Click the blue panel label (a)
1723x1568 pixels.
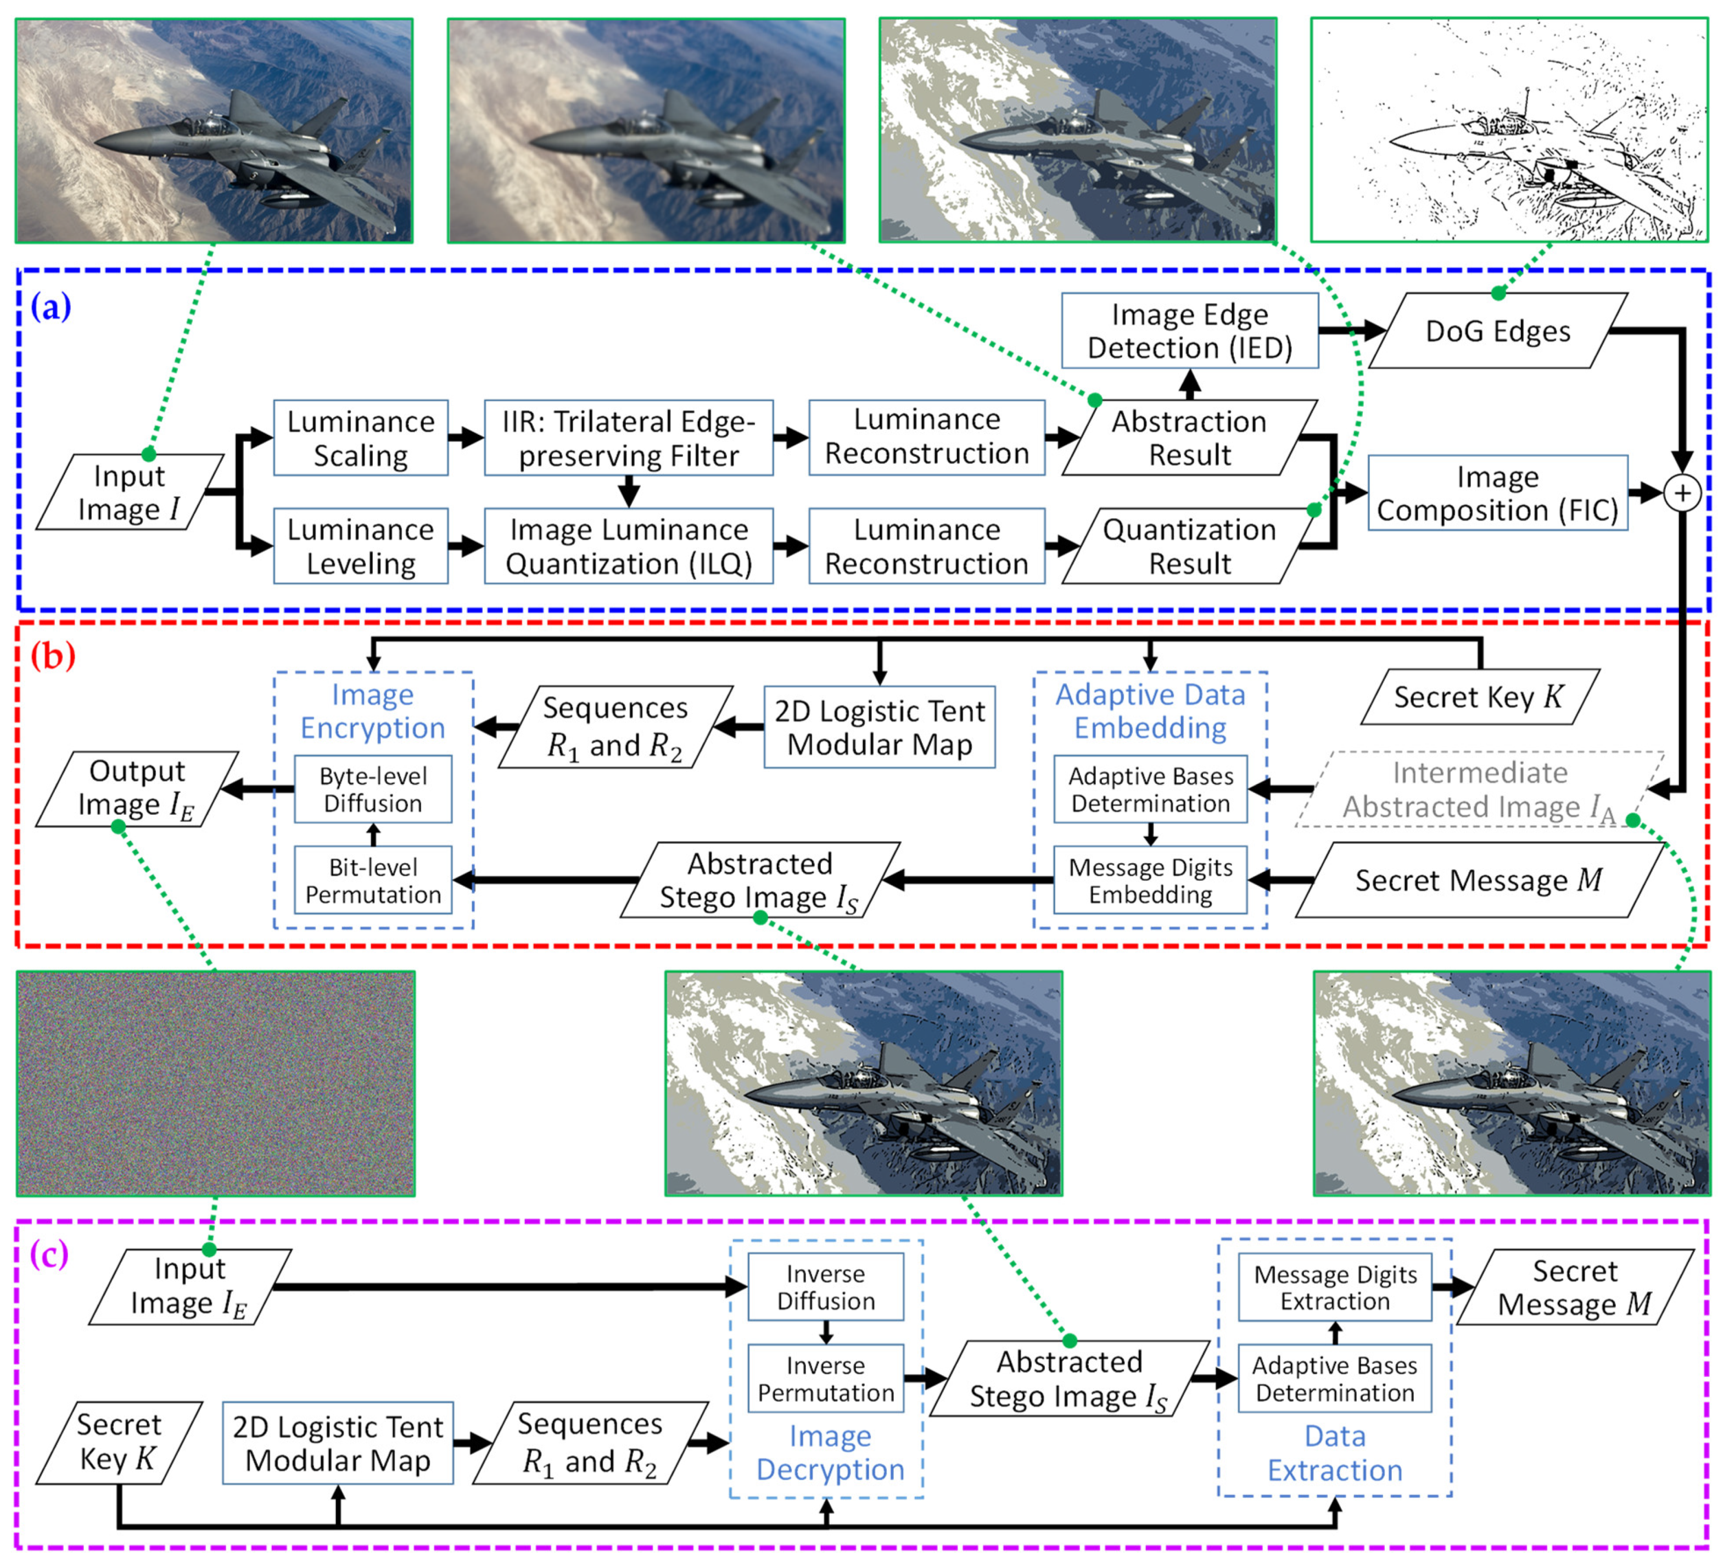(51, 306)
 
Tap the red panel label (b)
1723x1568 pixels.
(52, 656)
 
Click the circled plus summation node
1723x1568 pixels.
(1681, 493)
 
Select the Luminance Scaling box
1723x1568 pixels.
(361, 438)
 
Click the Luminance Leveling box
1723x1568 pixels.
(361, 546)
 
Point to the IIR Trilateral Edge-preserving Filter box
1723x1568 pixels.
(628, 438)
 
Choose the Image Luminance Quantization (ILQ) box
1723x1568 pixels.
(628, 546)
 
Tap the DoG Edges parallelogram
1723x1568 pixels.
(1497, 331)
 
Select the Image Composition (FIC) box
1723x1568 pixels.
(1497, 493)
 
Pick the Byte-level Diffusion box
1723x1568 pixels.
(373, 789)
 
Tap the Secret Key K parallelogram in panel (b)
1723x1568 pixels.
(1479, 696)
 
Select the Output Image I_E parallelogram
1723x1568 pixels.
(137, 788)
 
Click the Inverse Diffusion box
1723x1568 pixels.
(826, 1287)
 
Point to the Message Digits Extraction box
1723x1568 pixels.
(1334, 1287)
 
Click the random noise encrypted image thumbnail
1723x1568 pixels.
(215, 1083)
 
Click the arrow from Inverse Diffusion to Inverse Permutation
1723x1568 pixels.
(826, 1332)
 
